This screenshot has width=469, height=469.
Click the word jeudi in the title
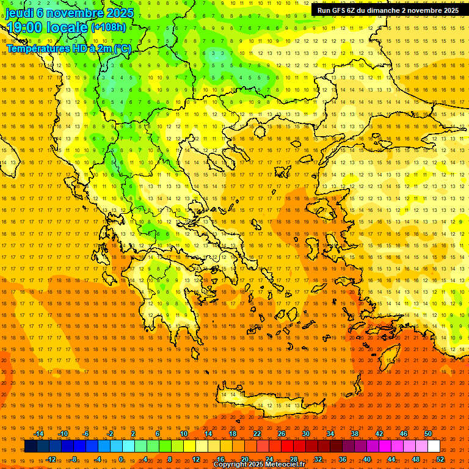point(19,13)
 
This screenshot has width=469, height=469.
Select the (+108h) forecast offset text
point(109,27)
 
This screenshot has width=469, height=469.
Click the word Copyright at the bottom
point(230,465)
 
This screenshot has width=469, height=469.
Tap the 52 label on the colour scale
point(440,459)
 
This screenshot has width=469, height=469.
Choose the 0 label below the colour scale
point(121,459)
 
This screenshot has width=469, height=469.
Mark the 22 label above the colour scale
point(257,434)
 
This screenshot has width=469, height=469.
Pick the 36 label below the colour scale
point(343,459)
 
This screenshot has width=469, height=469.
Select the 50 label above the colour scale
point(427,434)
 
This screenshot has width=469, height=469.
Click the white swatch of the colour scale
point(434,446)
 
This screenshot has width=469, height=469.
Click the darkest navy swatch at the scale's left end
point(31,446)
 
